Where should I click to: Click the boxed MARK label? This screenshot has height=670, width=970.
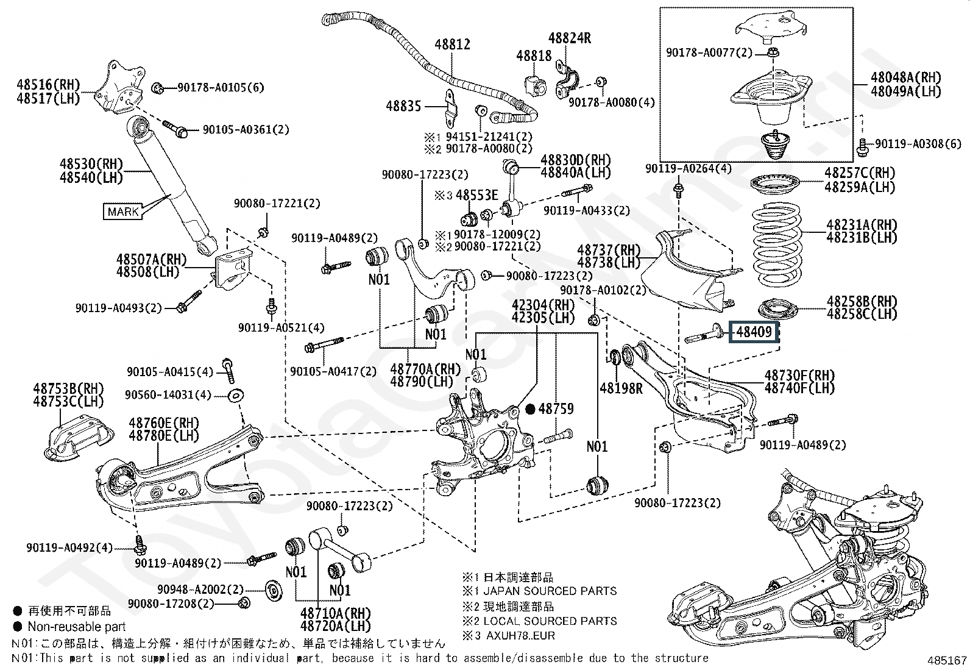coord(123,212)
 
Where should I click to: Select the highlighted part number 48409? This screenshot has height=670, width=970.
coord(754,333)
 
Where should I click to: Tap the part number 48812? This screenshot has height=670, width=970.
coord(452,44)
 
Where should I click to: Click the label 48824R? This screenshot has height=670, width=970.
coord(570,38)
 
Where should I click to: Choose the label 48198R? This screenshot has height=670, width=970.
coord(621,388)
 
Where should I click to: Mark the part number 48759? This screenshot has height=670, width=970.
coord(556,409)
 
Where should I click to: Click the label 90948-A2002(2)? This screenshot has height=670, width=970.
coord(200,590)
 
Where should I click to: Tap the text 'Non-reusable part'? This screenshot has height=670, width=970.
coord(77,627)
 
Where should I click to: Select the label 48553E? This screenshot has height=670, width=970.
coord(477,196)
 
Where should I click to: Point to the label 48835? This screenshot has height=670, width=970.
coord(403,106)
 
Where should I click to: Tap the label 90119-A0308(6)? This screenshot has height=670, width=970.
coord(918,144)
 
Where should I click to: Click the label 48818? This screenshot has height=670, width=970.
coord(534,56)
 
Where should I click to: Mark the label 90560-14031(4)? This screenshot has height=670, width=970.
coord(168,395)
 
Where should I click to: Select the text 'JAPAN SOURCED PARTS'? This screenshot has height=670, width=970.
coord(550,591)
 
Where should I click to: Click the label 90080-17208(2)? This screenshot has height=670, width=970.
coord(171,604)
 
